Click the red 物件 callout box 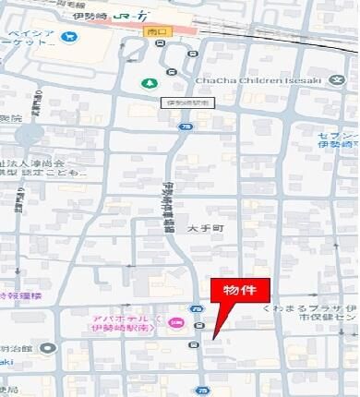click(x=243, y=290)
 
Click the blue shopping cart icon click(x=70, y=37)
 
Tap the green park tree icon click(x=149, y=83)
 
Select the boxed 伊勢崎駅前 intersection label click(x=186, y=102)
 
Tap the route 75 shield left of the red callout click(x=197, y=308)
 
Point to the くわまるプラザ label click(x=310, y=308)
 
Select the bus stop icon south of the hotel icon click(x=193, y=344)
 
